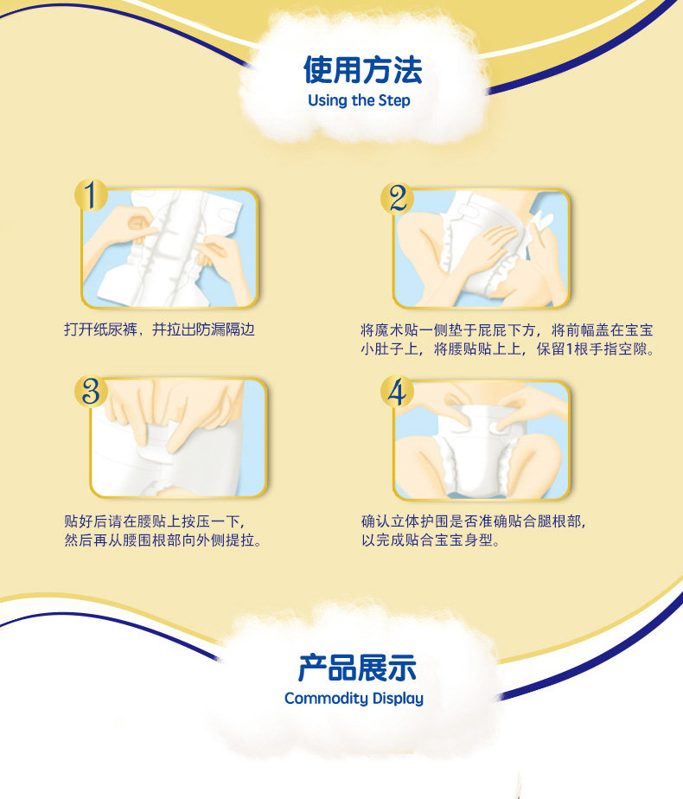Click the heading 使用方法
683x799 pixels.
pyautogui.click(x=362, y=70)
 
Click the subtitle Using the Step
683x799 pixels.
pyautogui.click(x=359, y=100)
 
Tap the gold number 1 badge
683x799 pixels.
pyautogui.click(x=91, y=195)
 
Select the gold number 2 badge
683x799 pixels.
pyautogui.click(x=398, y=198)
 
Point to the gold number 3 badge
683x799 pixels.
pyautogui.click(x=91, y=392)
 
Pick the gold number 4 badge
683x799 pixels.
pyautogui.click(x=398, y=393)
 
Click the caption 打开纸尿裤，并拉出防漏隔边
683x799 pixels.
pyautogui.click(x=159, y=329)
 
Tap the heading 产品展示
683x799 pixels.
pyautogui.click(x=357, y=668)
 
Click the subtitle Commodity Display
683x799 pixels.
pyautogui.click(x=354, y=698)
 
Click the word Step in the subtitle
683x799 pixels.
pyautogui.click(x=393, y=100)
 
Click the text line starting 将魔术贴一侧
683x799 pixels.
pyautogui.click(x=507, y=330)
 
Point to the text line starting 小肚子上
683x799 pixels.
pyautogui.click(x=508, y=349)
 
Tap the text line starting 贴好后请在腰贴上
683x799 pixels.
pyautogui.click(x=155, y=521)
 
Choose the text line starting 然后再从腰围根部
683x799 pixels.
pyautogui.click(x=163, y=540)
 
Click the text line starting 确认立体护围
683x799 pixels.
pyautogui.click(x=474, y=521)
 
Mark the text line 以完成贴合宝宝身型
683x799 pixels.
pyautogui.click(x=431, y=540)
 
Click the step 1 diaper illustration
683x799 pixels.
pyautogui.click(x=170, y=248)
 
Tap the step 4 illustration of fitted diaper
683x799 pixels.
pyautogui.click(x=482, y=440)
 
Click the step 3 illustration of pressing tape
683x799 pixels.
pyautogui.click(x=179, y=438)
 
